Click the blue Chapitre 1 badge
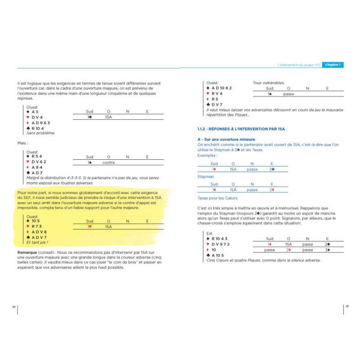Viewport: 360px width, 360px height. (x=333, y=65)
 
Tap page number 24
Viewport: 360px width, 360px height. (x=13, y=306)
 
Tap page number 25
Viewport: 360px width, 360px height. (x=346, y=306)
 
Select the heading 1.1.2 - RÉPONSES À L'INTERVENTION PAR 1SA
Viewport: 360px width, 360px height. (x=241, y=129)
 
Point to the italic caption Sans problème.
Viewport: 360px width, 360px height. (x=40, y=133)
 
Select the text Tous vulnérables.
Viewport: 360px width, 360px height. (x=268, y=83)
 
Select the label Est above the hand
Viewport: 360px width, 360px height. (x=209, y=234)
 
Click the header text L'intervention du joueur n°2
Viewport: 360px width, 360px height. (x=299, y=65)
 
